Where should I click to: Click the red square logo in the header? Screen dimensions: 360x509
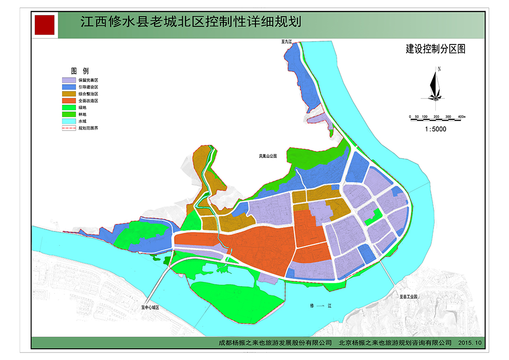(x=45, y=24)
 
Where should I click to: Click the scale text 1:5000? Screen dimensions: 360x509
(x=435, y=129)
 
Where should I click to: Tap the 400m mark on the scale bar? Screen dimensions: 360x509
(x=461, y=116)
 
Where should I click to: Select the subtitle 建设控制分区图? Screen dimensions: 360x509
(x=435, y=49)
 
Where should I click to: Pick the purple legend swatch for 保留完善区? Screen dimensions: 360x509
(x=68, y=80)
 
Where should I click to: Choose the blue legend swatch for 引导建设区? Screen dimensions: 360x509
(x=68, y=87)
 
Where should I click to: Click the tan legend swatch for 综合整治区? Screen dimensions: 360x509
(x=68, y=94)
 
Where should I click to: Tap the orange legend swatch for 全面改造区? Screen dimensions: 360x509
(x=68, y=100)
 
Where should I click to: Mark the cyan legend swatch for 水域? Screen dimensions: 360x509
(x=68, y=121)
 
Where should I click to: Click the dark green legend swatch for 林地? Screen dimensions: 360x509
(x=68, y=114)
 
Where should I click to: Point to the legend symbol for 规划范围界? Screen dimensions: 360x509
(x=68, y=128)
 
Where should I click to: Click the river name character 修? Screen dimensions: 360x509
(x=312, y=306)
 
